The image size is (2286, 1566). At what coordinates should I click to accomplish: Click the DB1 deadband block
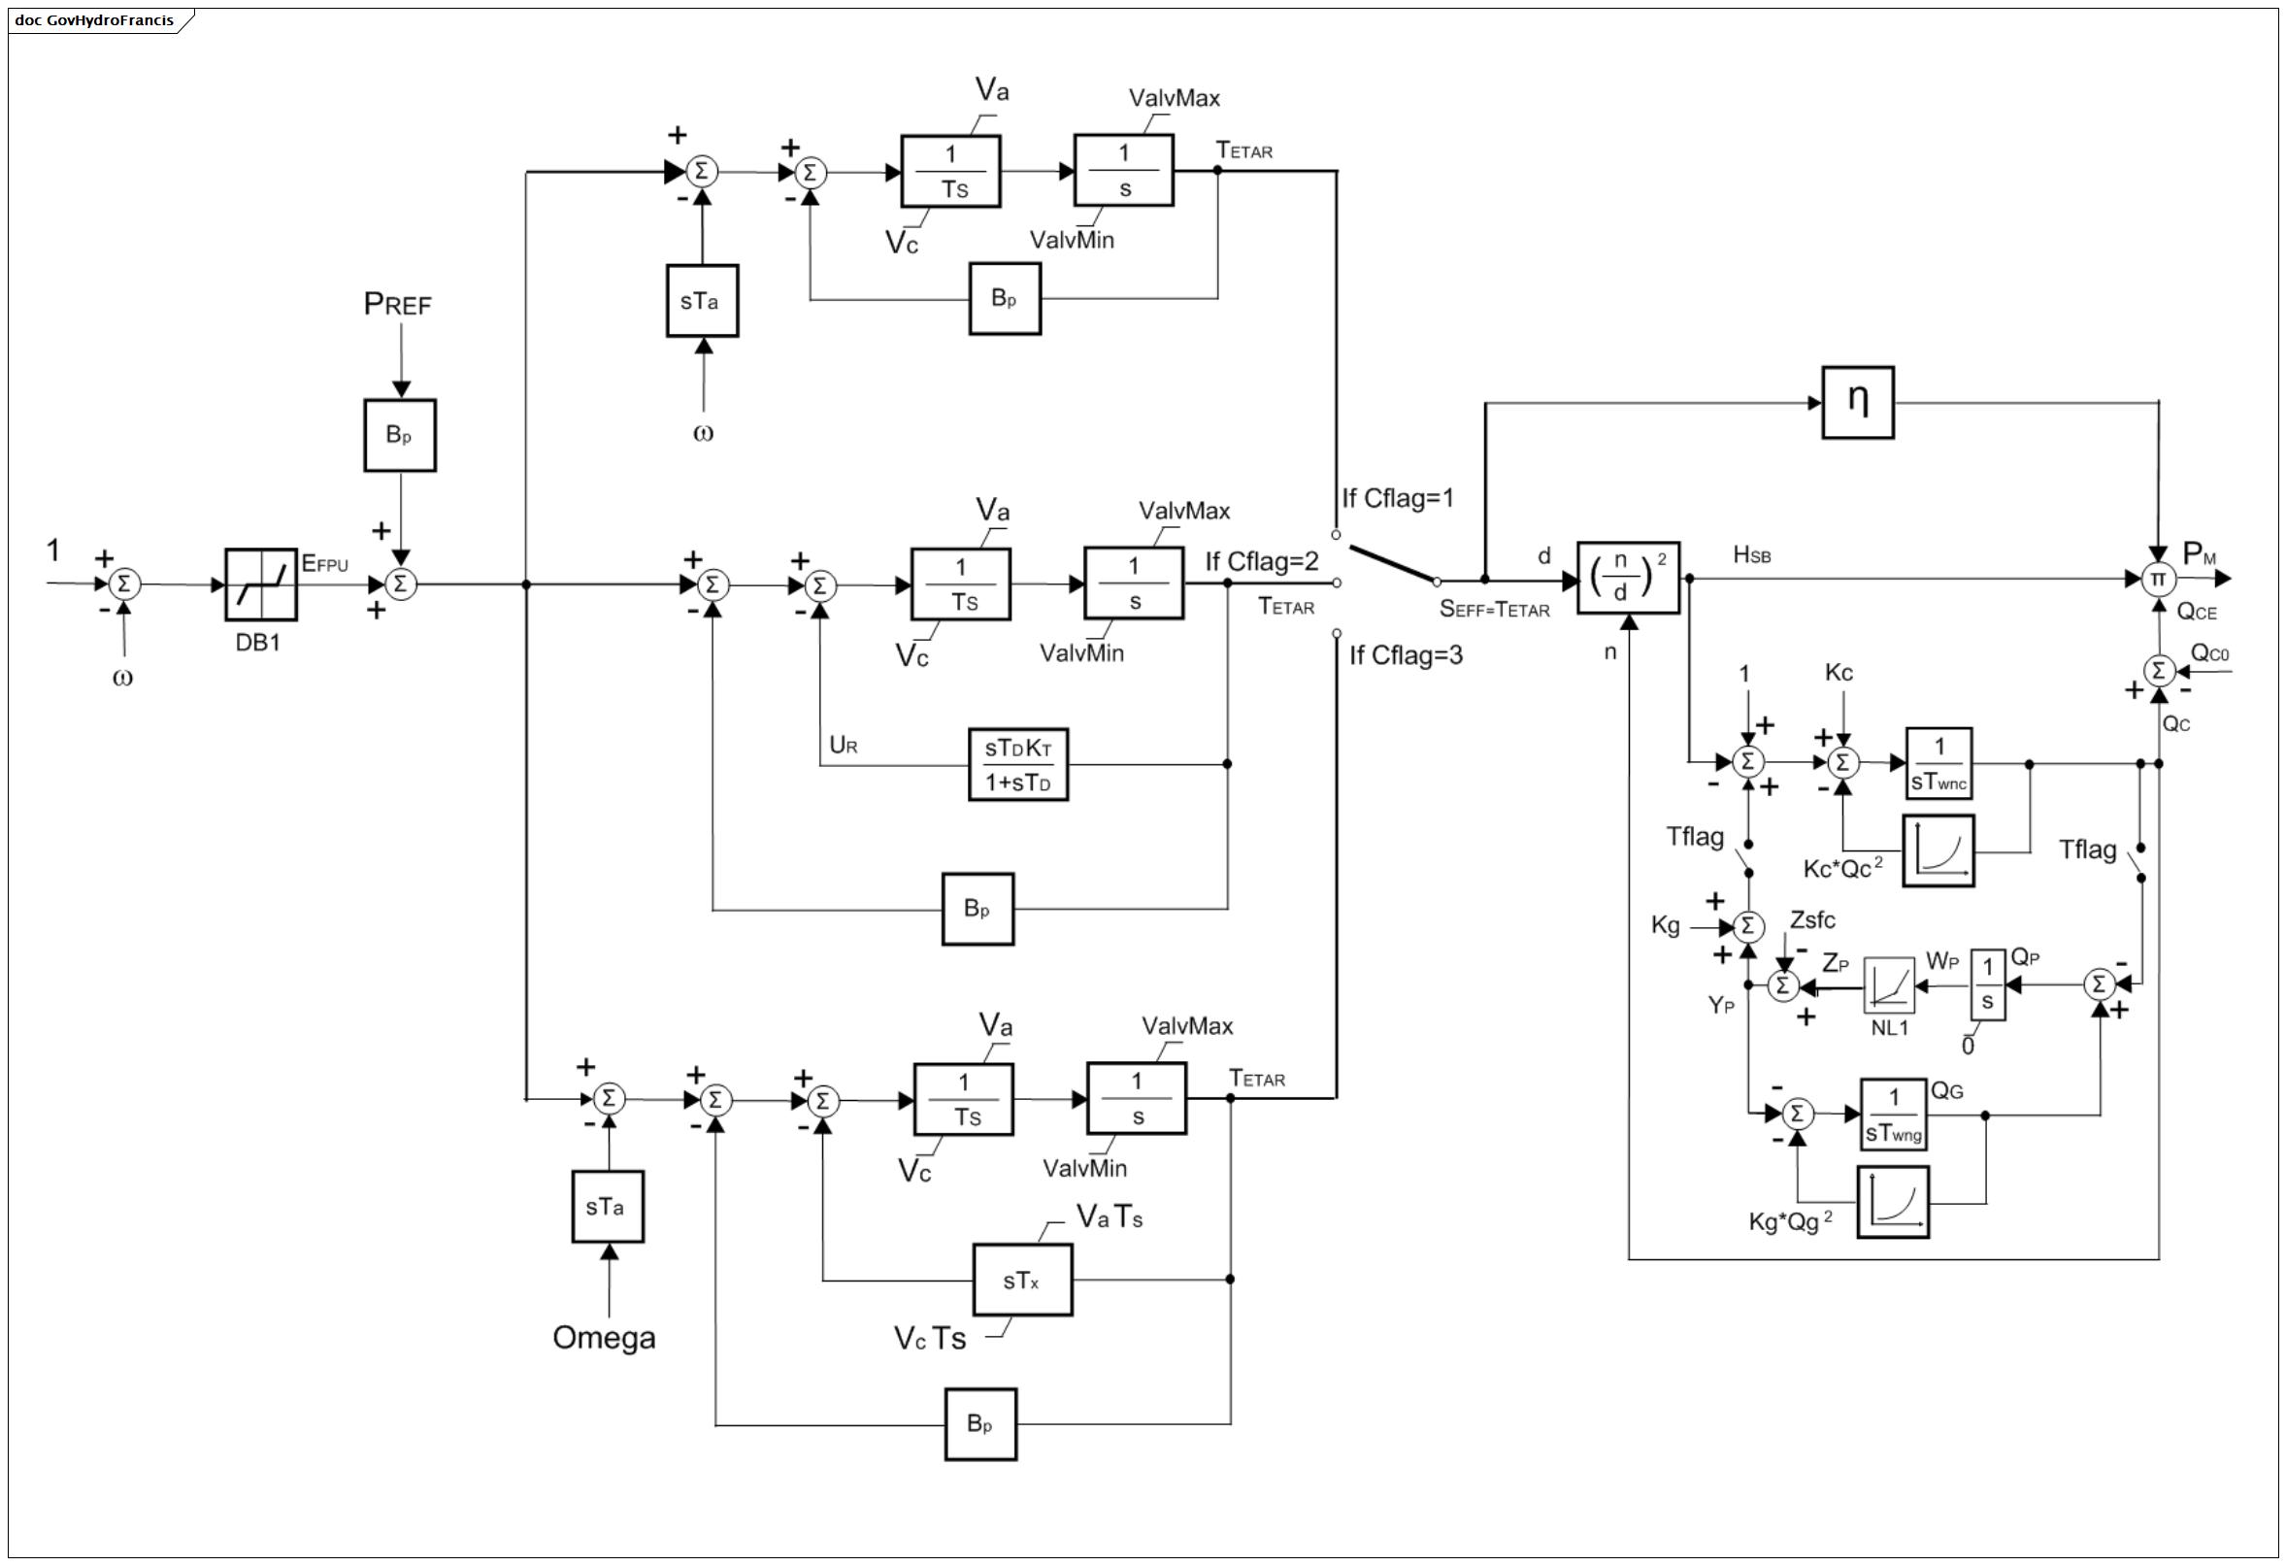(x=261, y=584)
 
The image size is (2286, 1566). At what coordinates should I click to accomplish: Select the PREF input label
(x=397, y=304)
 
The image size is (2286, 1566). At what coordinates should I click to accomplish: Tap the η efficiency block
(x=1857, y=402)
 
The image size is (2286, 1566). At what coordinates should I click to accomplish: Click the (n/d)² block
(x=1628, y=579)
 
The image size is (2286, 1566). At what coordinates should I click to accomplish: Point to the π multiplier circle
(x=2157, y=580)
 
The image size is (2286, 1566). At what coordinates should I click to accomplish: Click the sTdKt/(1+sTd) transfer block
(x=1018, y=764)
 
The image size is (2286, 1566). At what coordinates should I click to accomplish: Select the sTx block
(x=1022, y=1280)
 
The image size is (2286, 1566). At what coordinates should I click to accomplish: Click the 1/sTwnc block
(x=1938, y=763)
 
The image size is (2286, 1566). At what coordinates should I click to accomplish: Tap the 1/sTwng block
(x=1894, y=1114)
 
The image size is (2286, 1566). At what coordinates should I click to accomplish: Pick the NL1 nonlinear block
(x=1890, y=984)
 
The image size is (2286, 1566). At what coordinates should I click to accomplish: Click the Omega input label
(x=604, y=1338)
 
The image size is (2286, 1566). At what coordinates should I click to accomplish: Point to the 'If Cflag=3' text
(x=1406, y=655)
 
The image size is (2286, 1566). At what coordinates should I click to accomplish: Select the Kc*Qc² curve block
(x=1938, y=850)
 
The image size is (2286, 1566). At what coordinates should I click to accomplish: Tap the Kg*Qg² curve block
(x=1893, y=1202)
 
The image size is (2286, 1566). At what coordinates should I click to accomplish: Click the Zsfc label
(x=1812, y=919)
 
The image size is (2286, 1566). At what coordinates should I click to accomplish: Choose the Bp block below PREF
(x=399, y=435)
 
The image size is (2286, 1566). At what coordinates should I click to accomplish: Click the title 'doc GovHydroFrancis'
(x=94, y=19)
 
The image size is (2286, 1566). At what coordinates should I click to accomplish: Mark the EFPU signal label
(x=324, y=564)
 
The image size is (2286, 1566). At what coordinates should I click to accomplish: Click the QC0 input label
(x=2209, y=653)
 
